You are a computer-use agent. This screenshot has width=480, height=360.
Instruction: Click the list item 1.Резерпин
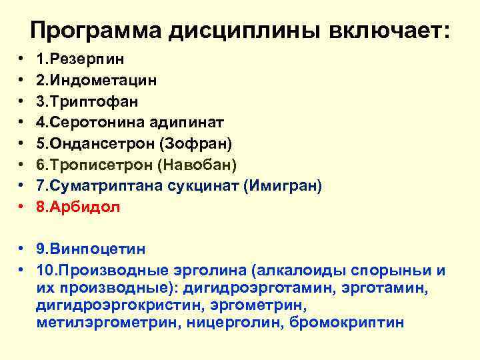coord(81,59)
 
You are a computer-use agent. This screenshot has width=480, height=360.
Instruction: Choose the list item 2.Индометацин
coord(97,81)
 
